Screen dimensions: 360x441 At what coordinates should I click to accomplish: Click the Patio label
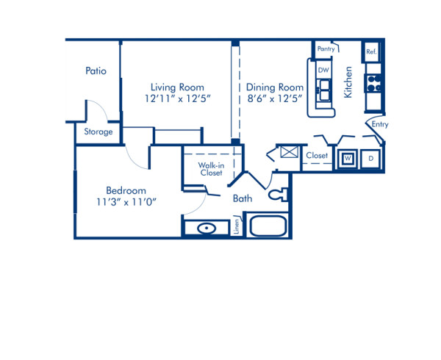96,71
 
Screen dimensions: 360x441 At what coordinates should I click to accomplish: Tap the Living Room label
177,87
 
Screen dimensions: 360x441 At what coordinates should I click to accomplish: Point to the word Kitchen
348,82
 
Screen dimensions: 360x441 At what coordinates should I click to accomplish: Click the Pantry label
326,49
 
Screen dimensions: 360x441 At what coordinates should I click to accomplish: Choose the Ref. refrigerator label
371,52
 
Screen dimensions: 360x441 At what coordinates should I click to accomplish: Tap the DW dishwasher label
323,71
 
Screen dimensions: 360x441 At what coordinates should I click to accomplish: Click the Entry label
379,125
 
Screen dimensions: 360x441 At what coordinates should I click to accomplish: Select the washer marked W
348,158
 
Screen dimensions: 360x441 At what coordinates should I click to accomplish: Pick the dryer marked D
370,158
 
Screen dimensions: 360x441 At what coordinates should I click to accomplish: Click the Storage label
98,132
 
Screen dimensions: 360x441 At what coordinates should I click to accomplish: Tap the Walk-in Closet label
211,169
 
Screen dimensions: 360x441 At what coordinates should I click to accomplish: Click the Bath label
243,198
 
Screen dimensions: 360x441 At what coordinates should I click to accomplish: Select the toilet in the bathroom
278,195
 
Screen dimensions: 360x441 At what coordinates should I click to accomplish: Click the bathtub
268,224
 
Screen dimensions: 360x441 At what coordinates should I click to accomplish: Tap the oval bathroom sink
207,228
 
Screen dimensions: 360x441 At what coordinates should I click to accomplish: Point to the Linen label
236,226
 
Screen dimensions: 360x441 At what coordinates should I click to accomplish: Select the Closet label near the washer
316,156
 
